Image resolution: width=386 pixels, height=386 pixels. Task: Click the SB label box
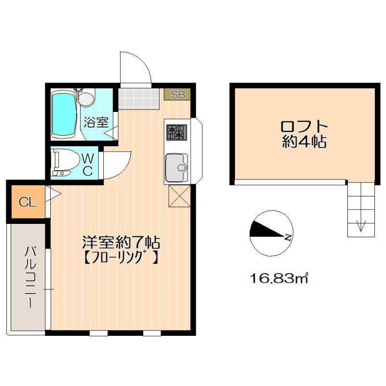pos(178,94)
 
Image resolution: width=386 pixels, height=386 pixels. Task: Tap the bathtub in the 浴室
pos(64,114)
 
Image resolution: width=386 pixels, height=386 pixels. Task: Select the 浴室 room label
pos(96,122)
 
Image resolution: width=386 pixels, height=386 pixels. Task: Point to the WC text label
pos(87,164)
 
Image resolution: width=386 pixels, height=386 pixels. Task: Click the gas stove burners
pos(177,131)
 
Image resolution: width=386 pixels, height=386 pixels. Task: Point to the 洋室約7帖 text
pos(121,241)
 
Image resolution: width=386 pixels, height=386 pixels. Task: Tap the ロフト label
pos(304,126)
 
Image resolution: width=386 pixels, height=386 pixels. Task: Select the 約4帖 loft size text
pos(304,142)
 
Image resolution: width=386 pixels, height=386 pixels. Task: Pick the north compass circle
pos(271,233)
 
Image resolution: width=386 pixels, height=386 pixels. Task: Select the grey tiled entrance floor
pos(138,98)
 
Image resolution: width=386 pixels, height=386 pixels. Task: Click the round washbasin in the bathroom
pos(86,99)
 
